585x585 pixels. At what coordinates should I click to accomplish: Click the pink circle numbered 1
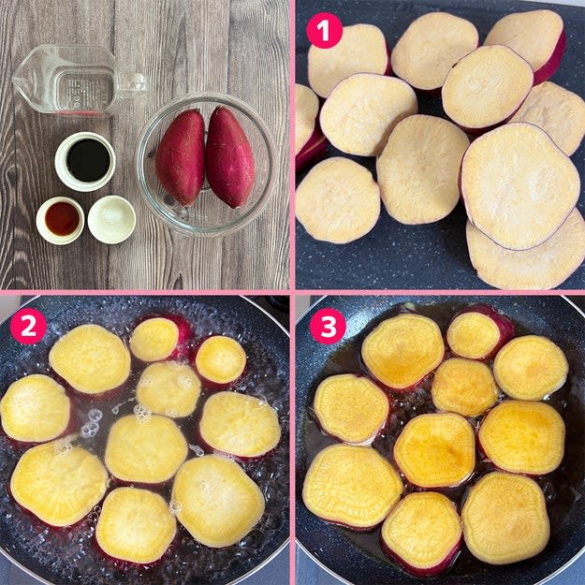click(324, 30)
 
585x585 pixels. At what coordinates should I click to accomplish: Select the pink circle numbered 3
click(328, 326)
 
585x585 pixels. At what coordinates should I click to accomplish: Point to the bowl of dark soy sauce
click(85, 161)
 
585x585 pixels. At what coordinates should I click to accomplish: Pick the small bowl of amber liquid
click(60, 220)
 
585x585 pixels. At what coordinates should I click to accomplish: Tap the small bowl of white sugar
click(111, 219)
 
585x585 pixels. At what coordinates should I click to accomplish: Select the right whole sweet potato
click(230, 156)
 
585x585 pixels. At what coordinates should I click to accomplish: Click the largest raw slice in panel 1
click(520, 186)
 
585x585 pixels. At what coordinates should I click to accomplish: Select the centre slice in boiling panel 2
click(145, 448)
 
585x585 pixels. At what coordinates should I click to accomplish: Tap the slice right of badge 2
click(90, 358)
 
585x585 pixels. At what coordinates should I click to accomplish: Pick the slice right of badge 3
click(402, 351)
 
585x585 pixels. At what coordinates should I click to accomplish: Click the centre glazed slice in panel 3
click(434, 450)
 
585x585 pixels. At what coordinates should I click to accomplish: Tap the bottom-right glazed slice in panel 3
click(505, 518)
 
